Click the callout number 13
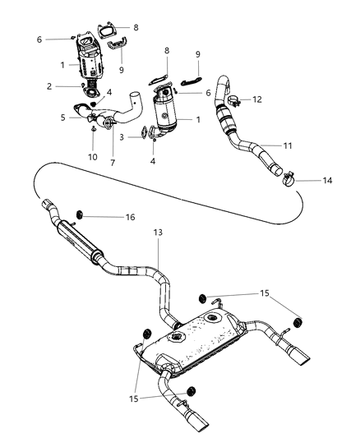157,233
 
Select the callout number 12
257,99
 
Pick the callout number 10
92,156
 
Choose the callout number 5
62,118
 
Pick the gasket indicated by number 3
145,131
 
